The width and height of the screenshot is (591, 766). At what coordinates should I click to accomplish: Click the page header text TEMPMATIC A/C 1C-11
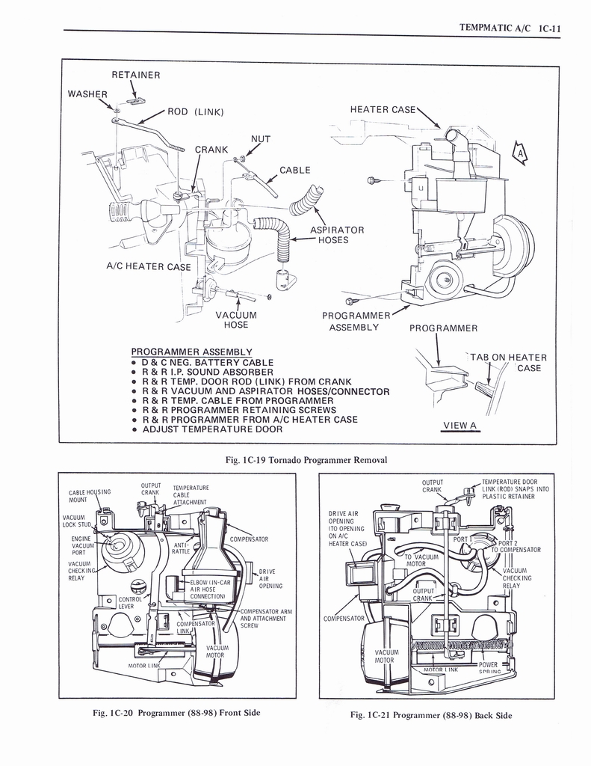510,28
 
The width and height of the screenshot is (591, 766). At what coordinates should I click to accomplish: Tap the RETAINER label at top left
136,75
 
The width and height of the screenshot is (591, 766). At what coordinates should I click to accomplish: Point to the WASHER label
87,94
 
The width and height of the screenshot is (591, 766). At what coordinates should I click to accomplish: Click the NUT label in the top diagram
261,139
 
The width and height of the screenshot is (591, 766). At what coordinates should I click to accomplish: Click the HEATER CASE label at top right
383,110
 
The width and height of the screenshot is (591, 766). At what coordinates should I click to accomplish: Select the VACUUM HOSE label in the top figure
236,319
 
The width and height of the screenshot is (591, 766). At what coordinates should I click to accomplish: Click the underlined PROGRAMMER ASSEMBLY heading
191,352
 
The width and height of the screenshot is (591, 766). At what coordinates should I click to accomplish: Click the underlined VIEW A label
460,426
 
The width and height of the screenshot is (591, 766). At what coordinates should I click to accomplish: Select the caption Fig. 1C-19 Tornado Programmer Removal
306,459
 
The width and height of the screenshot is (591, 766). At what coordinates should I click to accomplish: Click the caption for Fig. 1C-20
176,712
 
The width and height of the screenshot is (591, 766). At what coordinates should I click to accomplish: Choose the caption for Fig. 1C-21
431,715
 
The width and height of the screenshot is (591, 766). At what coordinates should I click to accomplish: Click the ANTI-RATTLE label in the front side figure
182,548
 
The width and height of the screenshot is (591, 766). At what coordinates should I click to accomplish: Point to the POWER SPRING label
489,668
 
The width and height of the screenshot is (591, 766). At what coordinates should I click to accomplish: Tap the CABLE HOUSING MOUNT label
89,495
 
